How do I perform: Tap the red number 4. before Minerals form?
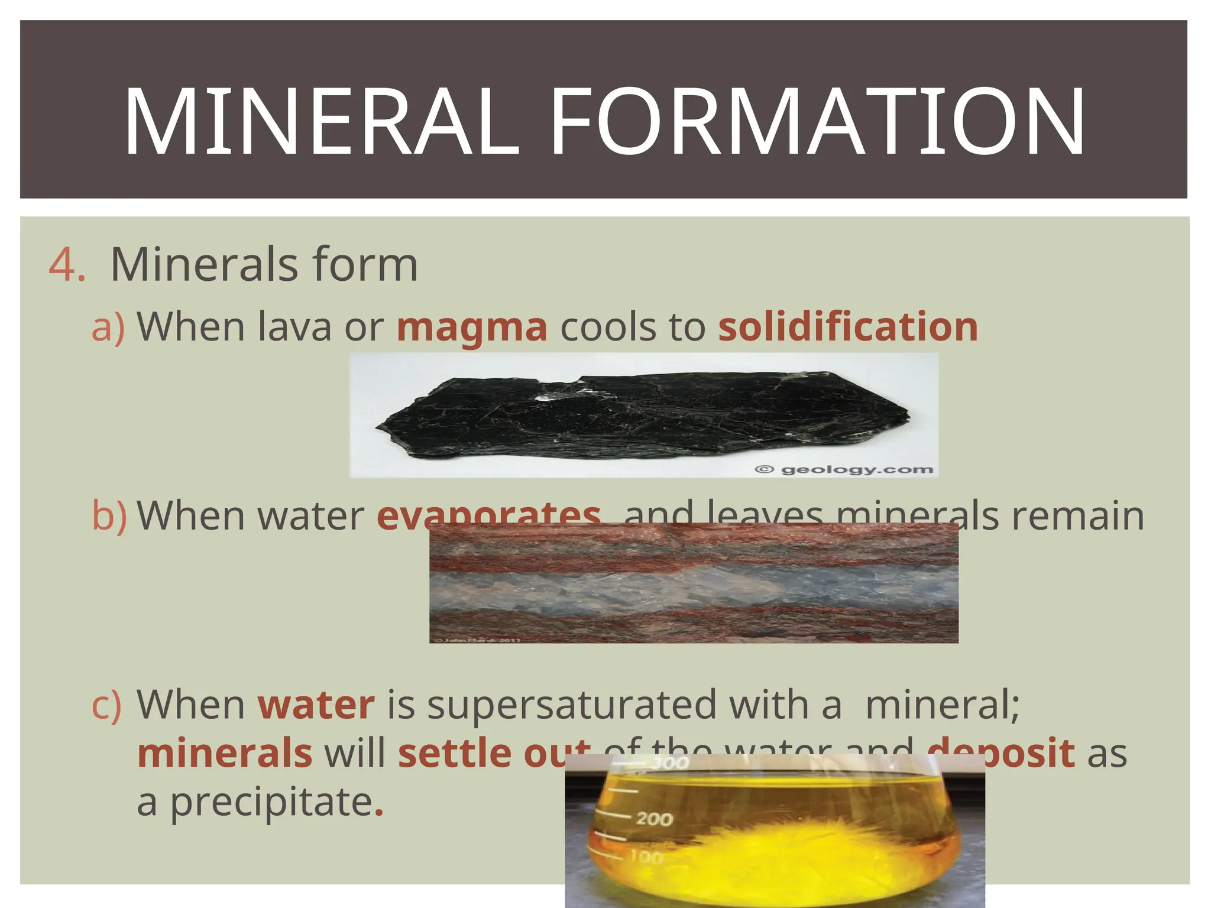click(x=66, y=264)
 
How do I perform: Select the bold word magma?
click(x=472, y=327)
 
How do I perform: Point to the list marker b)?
click(x=109, y=515)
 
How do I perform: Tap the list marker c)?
click(x=106, y=705)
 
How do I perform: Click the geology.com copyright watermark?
click(x=844, y=470)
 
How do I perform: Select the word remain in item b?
click(x=1077, y=515)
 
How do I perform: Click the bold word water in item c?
click(x=316, y=705)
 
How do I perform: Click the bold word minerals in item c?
click(x=225, y=754)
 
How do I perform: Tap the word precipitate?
click(x=271, y=803)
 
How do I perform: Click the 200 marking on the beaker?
click(x=654, y=819)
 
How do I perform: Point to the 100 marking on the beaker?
click(x=646, y=856)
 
